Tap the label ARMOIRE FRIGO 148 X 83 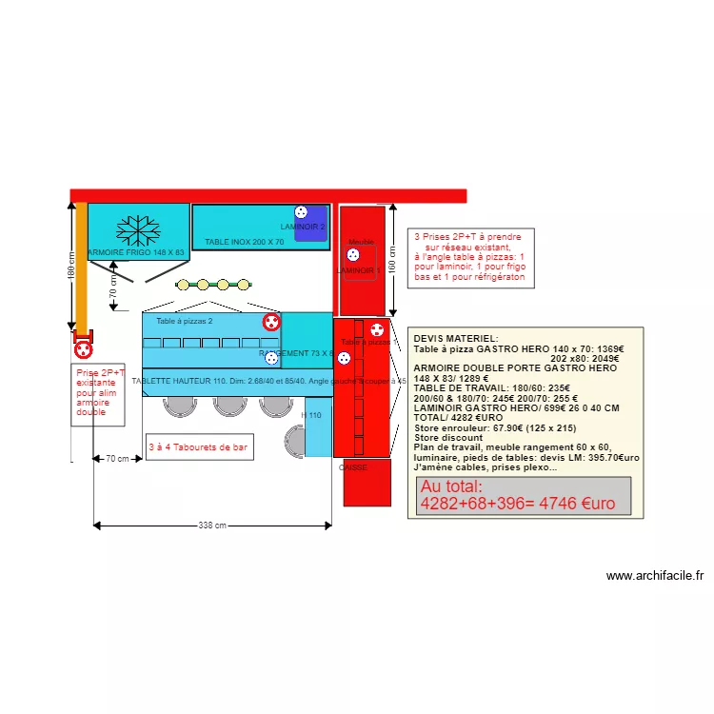(x=136, y=252)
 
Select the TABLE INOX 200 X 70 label (x=245, y=243)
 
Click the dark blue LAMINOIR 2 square (x=310, y=225)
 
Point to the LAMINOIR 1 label (x=358, y=270)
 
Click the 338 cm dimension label (x=212, y=526)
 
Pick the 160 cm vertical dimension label (x=391, y=260)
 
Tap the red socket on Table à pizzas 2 (x=270, y=322)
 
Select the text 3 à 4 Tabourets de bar (x=199, y=446)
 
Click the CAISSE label (x=352, y=467)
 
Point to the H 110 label (x=311, y=416)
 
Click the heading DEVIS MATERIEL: (x=455, y=339)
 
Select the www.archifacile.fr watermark (x=654, y=575)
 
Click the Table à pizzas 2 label (x=185, y=322)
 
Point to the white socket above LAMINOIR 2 (x=301, y=212)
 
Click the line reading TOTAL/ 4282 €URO (x=458, y=418)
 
